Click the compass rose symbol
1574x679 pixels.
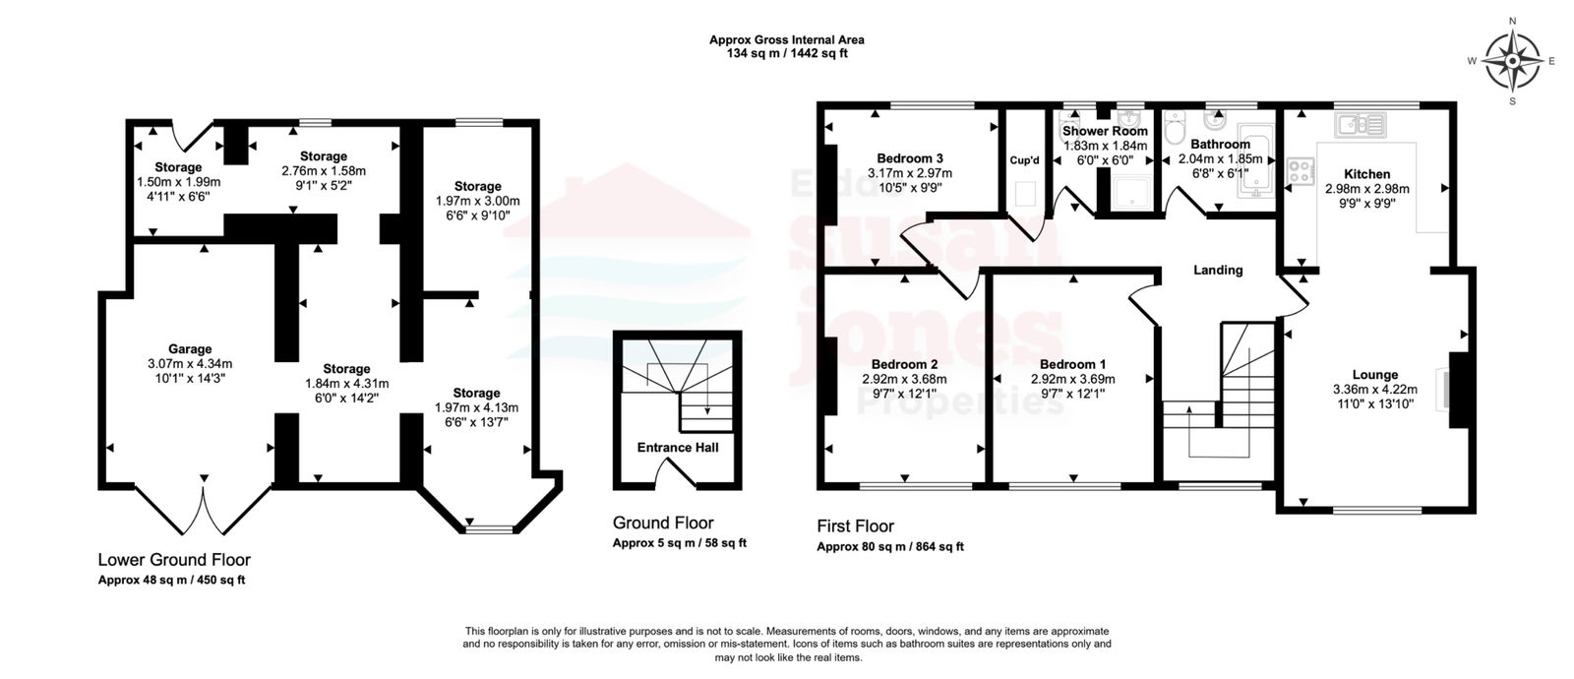tap(1512, 62)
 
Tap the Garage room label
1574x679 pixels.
tap(190, 349)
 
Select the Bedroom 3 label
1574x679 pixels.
tap(910, 158)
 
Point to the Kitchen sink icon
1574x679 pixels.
tap(1362, 125)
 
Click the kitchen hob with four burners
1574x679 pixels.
tap(1301, 171)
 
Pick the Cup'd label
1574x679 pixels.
tap(1024, 160)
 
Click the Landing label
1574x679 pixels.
tap(1218, 270)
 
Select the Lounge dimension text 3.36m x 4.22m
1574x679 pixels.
tap(1375, 390)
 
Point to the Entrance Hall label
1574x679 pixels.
tap(678, 448)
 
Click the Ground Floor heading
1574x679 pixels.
tap(663, 523)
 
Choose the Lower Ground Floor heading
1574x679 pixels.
tap(174, 560)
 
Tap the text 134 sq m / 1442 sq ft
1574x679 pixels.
tap(787, 53)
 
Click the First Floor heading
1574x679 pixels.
tap(855, 526)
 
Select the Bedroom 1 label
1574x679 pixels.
tap(1073, 365)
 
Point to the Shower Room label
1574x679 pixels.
tap(1105, 132)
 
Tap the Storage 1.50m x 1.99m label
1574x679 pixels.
tap(178, 182)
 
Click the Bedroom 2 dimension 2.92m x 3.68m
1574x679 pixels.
tap(904, 380)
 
